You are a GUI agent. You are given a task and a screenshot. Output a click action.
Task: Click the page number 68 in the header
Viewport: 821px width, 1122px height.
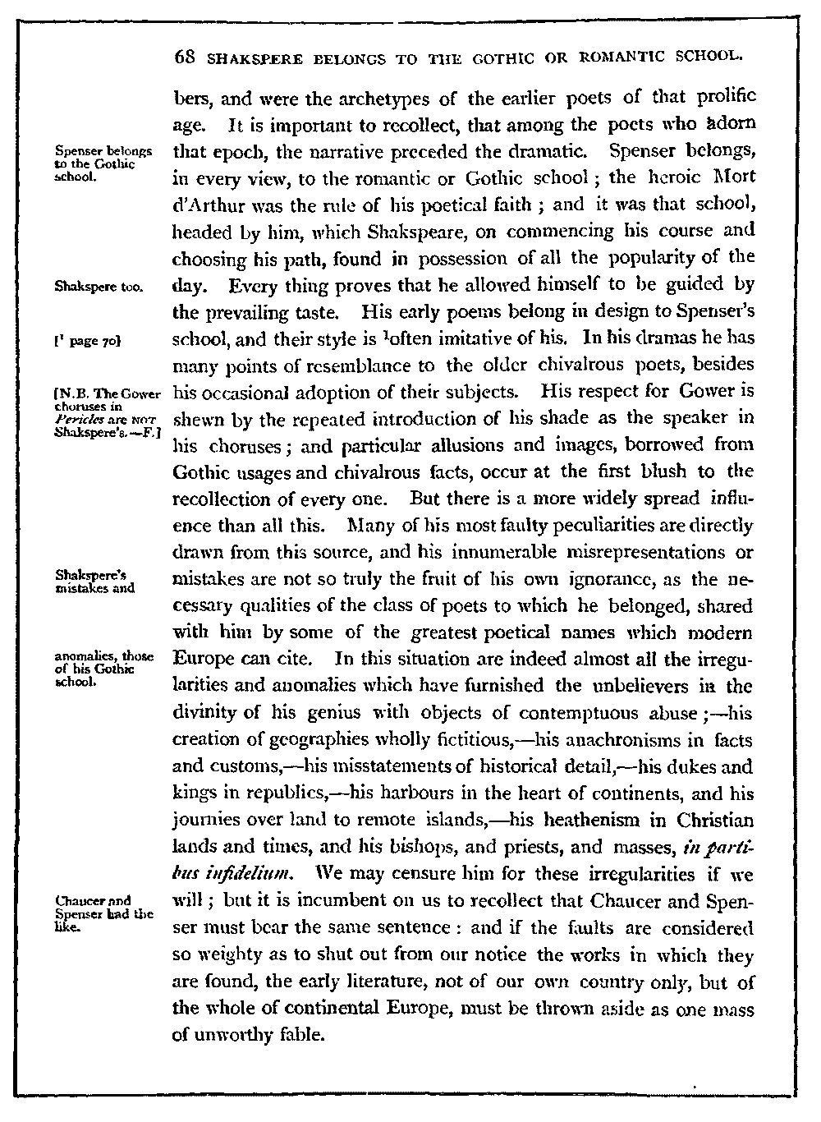[x=185, y=58]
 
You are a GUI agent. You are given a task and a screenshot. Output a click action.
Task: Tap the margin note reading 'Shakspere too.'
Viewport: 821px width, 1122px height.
[x=98, y=287]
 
